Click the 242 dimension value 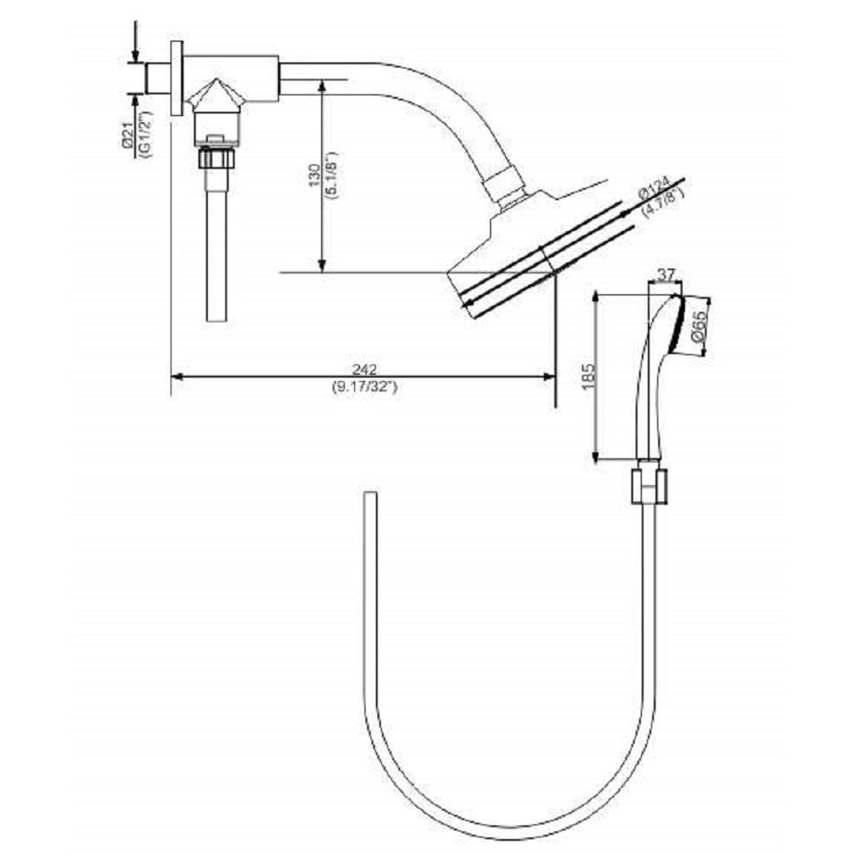[363, 367]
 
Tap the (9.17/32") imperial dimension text [363, 386]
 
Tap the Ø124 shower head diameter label [655, 186]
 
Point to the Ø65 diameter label [700, 326]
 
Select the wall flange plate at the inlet [177, 76]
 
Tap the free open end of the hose [371, 496]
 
